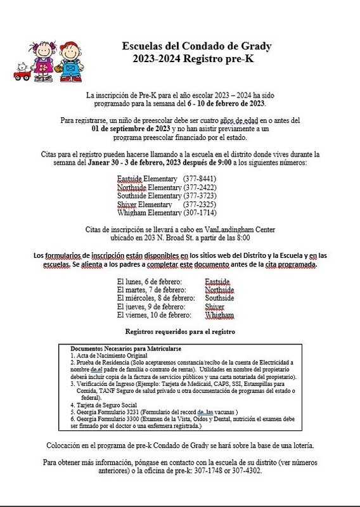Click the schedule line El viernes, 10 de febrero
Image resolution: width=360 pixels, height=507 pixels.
coord(155,314)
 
